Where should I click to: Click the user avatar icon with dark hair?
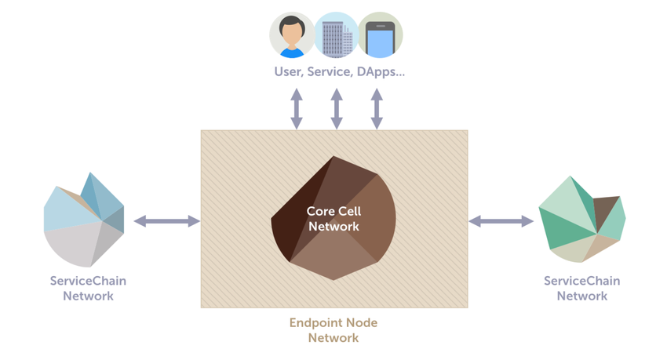292,35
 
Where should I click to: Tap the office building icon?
336,35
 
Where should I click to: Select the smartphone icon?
381,35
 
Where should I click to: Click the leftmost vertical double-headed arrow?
297,108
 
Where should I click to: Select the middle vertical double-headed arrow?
337,108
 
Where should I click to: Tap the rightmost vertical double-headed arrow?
377,108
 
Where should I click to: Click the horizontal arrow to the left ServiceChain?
166,221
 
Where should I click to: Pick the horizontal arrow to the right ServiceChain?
501,221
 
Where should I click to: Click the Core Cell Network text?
333,219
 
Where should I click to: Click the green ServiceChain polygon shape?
581,219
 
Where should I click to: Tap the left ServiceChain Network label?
88,288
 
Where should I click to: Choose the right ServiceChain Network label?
581,288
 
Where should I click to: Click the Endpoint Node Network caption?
333,330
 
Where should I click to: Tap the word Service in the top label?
336,71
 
